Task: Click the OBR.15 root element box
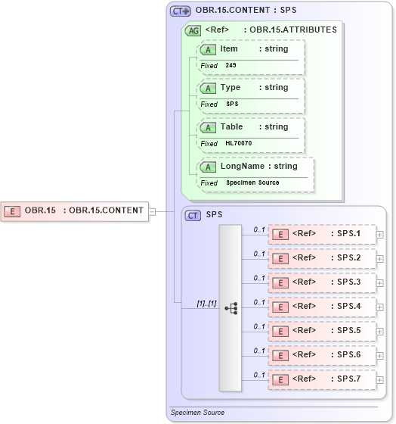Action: (76, 210)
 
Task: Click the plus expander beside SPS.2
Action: (380, 258)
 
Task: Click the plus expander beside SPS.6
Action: (380, 355)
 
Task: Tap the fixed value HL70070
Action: (238, 143)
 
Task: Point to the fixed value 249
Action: (230, 66)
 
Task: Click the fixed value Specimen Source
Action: (252, 182)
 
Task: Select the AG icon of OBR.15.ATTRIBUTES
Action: (192, 30)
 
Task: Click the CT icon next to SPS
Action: (193, 216)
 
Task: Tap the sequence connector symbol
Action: (230, 308)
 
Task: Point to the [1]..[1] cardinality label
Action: (206, 304)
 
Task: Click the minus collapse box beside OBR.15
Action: (152, 211)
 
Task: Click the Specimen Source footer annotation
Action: (197, 413)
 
